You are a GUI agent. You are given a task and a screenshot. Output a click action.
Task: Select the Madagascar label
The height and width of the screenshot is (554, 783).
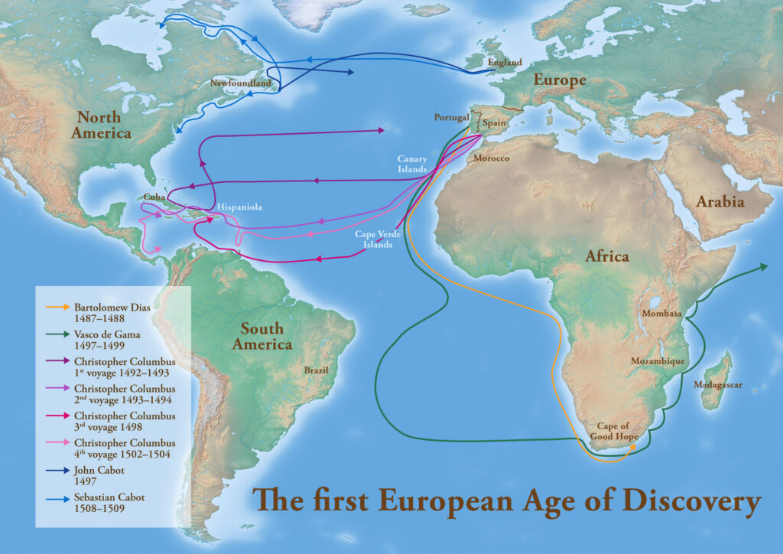718,385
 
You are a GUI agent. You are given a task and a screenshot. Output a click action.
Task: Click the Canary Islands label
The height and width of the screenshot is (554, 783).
411,164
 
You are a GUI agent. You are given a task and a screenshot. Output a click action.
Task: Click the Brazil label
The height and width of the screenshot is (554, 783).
317,370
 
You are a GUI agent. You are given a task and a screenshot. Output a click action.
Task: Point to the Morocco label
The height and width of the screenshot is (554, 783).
491,158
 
